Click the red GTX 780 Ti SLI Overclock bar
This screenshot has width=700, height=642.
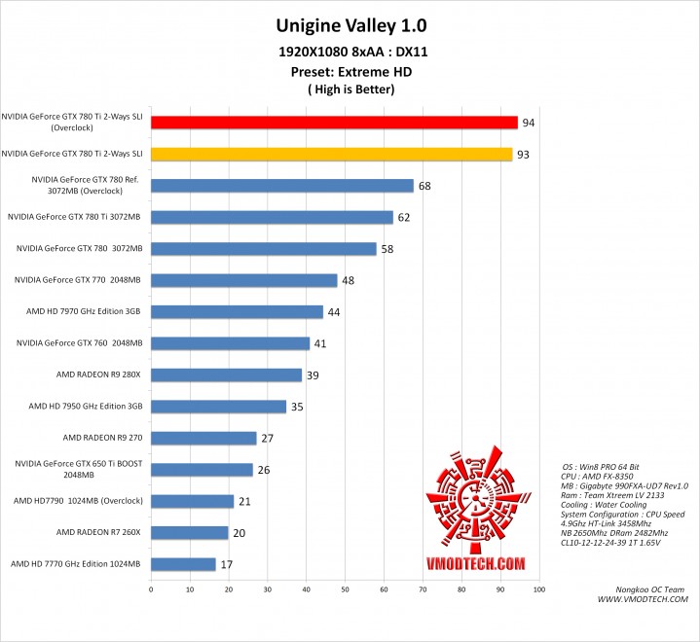point(334,123)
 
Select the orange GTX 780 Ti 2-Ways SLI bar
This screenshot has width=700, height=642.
point(331,154)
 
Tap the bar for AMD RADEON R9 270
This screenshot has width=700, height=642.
point(203,438)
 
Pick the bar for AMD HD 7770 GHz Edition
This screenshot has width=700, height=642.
point(183,563)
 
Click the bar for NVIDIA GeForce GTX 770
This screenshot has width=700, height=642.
point(243,280)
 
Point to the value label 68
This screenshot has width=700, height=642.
point(424,186)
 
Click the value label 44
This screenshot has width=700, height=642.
point(333,312)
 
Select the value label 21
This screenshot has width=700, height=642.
point(243,501)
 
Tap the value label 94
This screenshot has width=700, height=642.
point(529,124)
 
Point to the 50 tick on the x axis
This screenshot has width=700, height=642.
point(345,588)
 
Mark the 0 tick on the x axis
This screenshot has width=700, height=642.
point(151,588)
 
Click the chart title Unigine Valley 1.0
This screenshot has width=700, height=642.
point(350,24)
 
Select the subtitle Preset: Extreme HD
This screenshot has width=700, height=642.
point(350,71)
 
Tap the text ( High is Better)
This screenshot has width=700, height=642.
point(350,89)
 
